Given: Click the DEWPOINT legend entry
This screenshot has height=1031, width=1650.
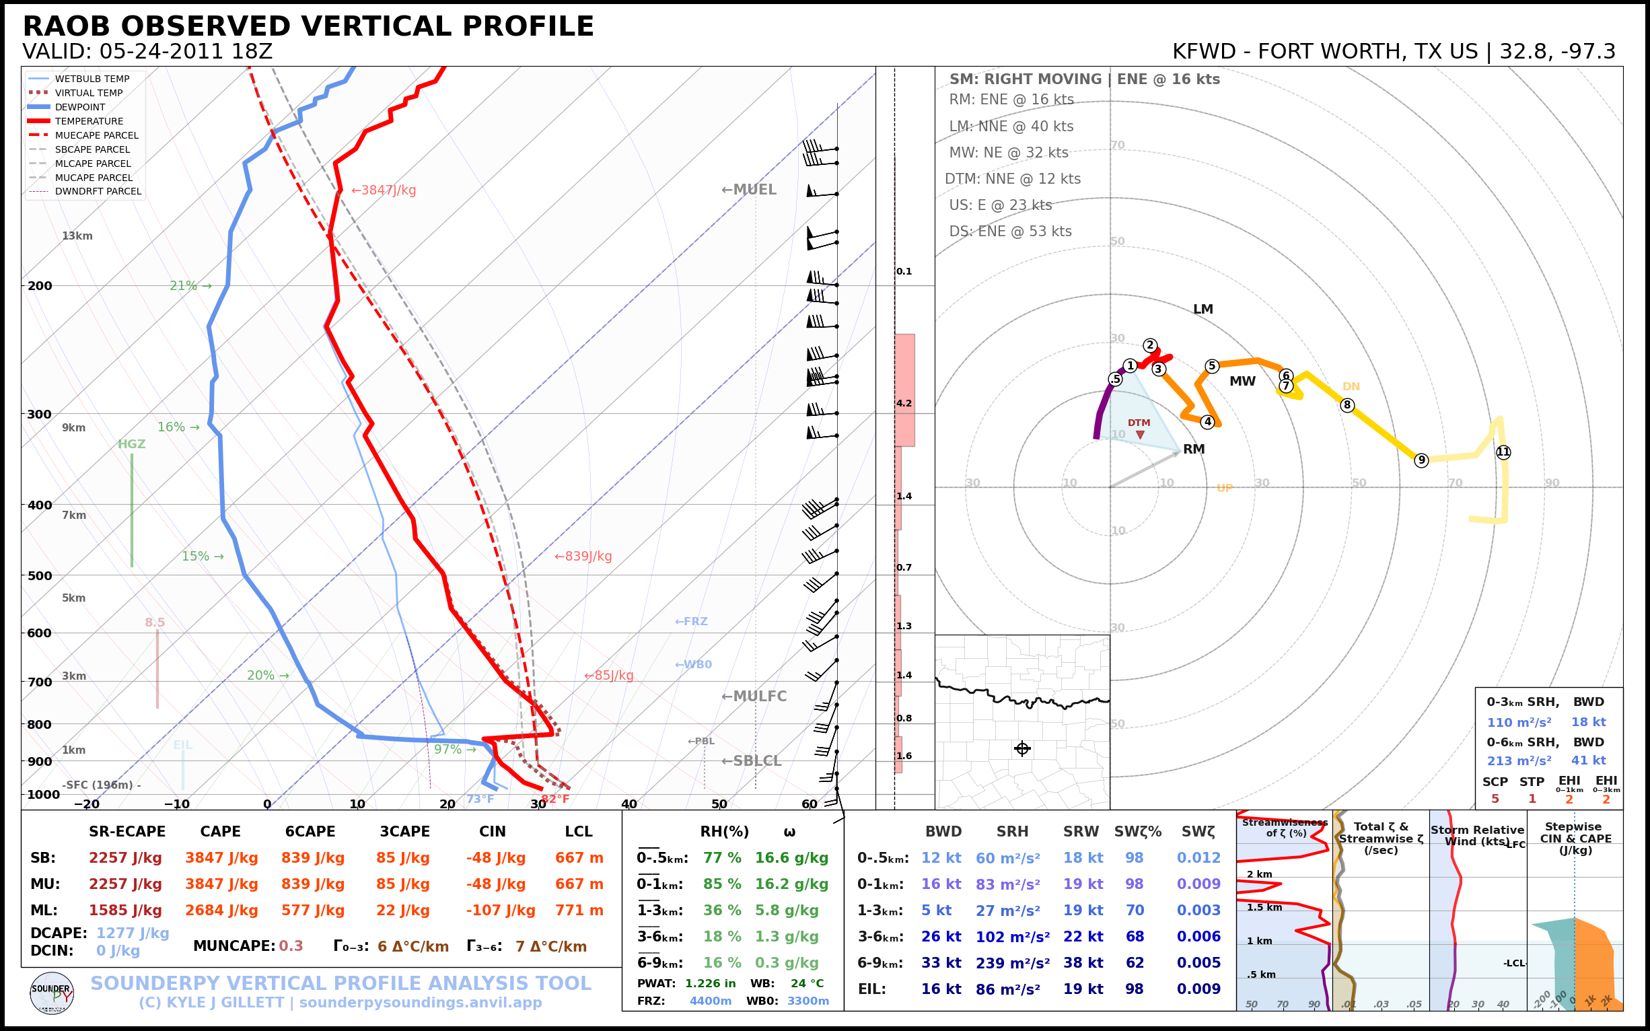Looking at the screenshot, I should [80, 107].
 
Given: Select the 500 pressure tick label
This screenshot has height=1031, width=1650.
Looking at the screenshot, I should [40, 575].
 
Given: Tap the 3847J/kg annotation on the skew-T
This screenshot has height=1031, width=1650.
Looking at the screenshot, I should [383, 190].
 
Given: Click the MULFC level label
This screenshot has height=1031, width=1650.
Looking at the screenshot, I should [754, 697].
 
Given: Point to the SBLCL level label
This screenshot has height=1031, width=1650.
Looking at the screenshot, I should [752, 761].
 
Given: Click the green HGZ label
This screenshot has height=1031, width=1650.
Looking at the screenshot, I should [132, 444].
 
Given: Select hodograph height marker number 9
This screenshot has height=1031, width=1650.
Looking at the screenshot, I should [1421, 460].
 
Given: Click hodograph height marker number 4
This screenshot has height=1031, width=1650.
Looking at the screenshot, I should [1207, 422].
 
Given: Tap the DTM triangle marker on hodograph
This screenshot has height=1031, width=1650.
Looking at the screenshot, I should [1140, 434].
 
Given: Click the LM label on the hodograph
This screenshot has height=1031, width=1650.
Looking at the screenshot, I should [1203, 309].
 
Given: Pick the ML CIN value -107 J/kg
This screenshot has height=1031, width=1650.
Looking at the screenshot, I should [501, 911].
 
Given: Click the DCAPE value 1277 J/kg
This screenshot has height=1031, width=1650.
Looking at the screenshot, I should [133, 933].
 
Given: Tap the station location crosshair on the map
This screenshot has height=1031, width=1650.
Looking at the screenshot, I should [1022, 749].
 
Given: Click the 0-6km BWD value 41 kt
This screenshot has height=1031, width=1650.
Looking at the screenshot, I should [1588, 760].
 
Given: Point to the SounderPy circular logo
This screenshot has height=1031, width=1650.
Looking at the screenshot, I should [52, 993].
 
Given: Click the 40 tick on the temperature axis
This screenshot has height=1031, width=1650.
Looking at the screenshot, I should [629, 805].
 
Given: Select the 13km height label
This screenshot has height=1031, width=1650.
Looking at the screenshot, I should [77, 236].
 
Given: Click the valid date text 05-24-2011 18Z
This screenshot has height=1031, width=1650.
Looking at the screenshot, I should [186, 52].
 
